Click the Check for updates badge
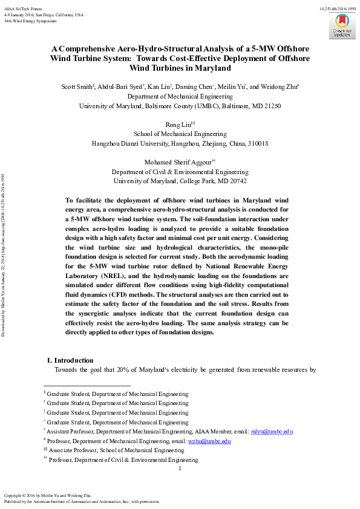click(x=342, y=26)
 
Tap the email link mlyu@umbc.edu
click(x=272, y=431)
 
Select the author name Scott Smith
click(x=76, y=86)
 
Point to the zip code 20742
click(x=235, y=181)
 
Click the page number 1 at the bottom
click(x=180, y=468)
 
